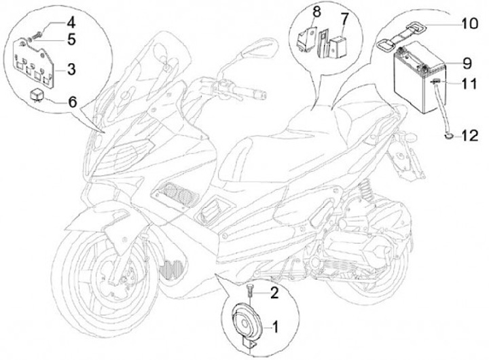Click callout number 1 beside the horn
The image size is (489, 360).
click(x=276, y=327)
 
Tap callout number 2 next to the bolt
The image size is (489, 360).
click(x=275, y=294)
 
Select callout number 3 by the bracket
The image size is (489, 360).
click(x=72, y=69)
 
